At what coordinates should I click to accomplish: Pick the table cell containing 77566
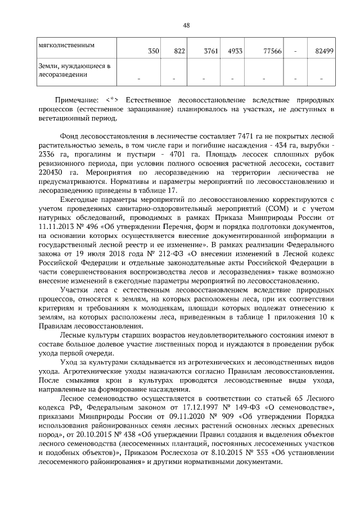click(271, 51)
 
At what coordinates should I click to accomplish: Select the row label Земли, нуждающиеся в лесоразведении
click(73, 70)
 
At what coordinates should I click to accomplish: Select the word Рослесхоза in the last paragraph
click(184, 453)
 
